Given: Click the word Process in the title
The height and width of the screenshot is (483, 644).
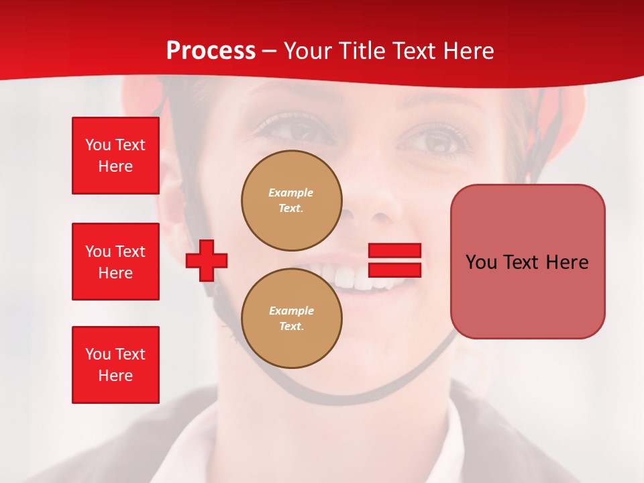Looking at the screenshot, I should click(x=211, y=51).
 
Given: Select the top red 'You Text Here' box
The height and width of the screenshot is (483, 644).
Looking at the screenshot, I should click(x=115, y=156).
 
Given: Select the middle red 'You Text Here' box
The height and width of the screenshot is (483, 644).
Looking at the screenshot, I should click(x=115, y=262).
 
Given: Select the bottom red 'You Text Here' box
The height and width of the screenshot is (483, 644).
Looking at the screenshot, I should click(x=115, y=365).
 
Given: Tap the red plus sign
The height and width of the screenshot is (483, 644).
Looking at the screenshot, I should click(x=207, y=260).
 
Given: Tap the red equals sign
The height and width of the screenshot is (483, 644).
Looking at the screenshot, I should click(x=394, y=260).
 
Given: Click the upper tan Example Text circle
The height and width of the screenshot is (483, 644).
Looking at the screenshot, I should click(x=292, y=201).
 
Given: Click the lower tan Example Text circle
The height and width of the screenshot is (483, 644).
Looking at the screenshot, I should click(x=292, y=319).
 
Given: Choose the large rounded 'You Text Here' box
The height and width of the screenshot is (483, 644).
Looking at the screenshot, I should click(x=527, y=262).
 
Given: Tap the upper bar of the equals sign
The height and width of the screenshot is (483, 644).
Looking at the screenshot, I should click(x=394, y=251).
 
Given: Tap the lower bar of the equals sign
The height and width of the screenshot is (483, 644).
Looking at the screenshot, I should click(x=394, y=270).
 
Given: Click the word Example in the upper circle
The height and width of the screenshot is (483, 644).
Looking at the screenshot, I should click(x=290, y=193).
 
